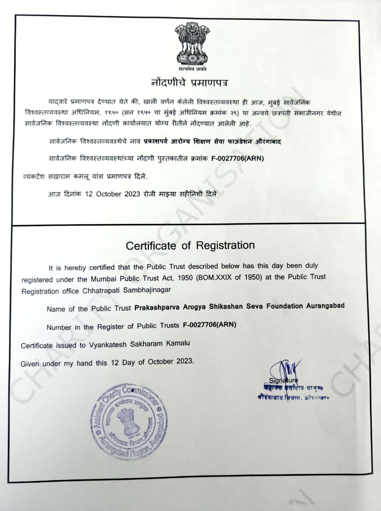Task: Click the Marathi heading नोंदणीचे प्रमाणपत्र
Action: (x=190, y=83)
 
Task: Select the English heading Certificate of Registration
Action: (x=190, y=245)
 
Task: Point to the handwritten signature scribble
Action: (x=284, y=370)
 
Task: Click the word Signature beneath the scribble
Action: (x=283, y=380)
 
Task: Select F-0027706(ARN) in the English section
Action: (x=209, y=325)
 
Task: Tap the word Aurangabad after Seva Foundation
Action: (x=325, y=306)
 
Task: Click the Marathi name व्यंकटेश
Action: (x=34, y=176)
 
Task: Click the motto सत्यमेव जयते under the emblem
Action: (x=192, y=69)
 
